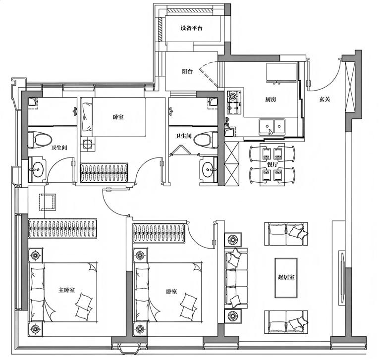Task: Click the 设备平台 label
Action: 191,28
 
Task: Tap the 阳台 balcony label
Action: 187,71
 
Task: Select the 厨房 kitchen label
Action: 271,100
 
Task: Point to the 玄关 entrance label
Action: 325,99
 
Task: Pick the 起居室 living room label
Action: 286,277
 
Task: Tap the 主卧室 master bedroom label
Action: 67,290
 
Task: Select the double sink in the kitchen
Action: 272,127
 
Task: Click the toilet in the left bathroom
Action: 40,140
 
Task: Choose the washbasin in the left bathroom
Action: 37,169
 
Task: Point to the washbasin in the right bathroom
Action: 208,169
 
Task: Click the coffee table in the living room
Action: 286,278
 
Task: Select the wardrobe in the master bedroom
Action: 63,228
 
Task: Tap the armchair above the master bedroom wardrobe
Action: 47,202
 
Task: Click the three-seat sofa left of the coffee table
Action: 236,278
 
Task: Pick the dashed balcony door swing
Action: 208,73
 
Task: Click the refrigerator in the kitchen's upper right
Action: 281,73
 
